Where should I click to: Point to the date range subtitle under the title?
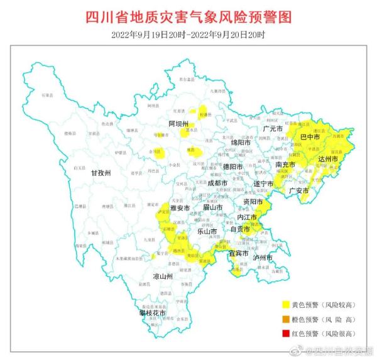coord(188,34)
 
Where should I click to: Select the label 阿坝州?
coord(178,124)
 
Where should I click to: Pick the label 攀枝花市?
coord(153,312)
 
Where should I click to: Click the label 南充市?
coord(286,165)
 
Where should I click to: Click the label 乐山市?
coord(207,231)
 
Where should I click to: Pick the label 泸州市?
coord(262,258)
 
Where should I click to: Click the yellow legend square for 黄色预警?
coord(285,305)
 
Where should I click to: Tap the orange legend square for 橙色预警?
coord(285,319)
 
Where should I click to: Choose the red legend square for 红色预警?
coord(285,334)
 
